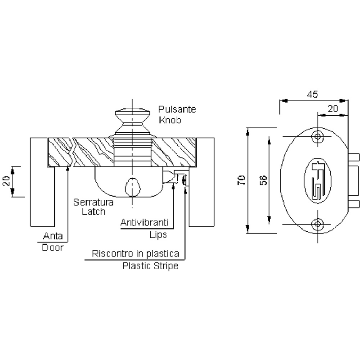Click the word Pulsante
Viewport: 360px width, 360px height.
(x=177, y=109)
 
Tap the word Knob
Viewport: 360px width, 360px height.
(x=170, y=120)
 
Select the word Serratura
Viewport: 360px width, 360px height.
(x=93, y=202)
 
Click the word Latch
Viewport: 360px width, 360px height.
(x=94, y=211)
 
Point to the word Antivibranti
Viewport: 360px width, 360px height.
(x=144, y=222)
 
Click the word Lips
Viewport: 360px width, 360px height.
(x=158, y=235)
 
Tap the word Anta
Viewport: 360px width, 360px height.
(x=53, y=236)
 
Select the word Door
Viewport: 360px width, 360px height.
(x=53, y=247)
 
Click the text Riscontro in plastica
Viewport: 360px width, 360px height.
(x=135, y=254)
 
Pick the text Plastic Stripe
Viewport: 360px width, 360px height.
(x=150, y=266)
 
